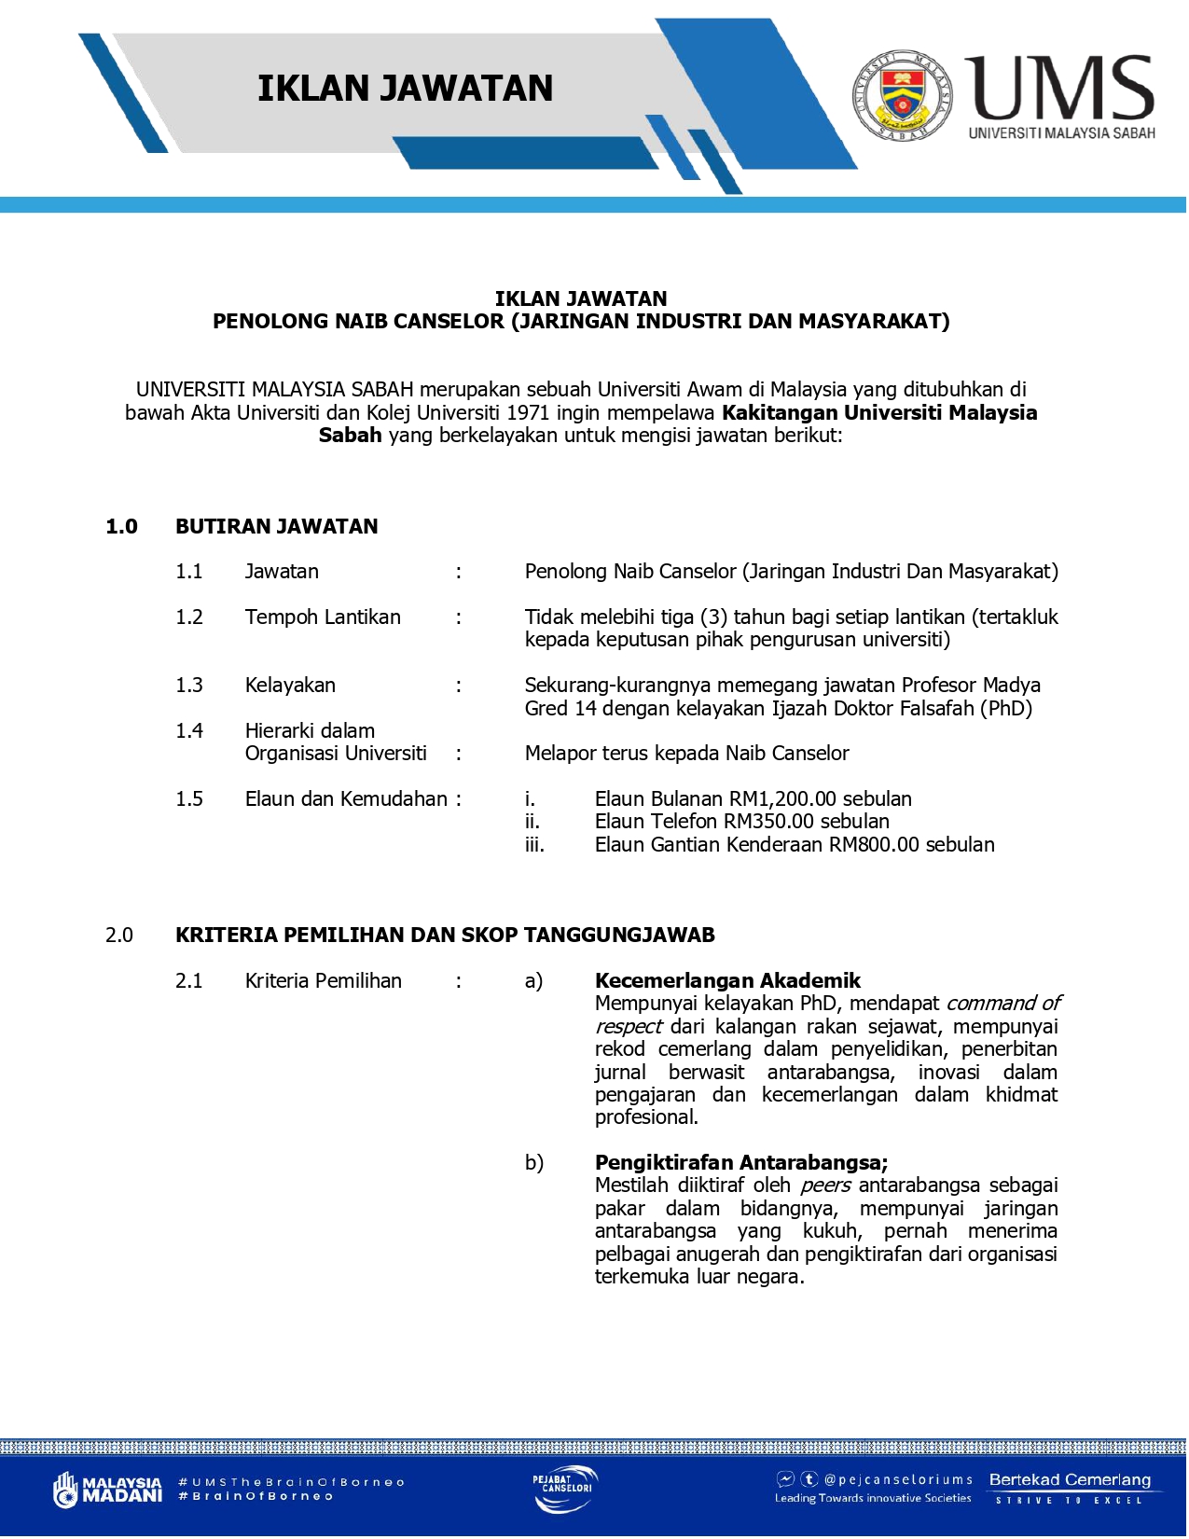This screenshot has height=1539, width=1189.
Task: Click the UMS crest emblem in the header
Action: (902, 95)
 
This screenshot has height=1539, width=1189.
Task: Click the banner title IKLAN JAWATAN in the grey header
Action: (405, 89)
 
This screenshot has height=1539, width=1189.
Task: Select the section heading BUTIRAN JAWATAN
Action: (277, 526)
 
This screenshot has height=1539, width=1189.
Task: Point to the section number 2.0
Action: (119, 935)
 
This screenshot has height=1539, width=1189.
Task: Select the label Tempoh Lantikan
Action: (323, 617)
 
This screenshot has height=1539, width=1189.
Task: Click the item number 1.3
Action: (189, 685)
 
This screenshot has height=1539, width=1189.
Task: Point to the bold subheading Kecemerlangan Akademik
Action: (727, 980)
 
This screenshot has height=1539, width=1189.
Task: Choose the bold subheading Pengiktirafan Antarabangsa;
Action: (741, 1162)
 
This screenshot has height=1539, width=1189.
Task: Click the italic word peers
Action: (825, 1185)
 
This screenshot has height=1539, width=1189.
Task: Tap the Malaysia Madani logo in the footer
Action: (107, 1489)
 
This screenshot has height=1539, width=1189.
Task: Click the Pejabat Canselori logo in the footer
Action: (565, 1489)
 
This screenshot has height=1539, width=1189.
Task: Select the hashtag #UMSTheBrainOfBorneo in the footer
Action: (291, 1481)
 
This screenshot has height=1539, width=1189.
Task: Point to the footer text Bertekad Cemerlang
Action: (1070, 1479)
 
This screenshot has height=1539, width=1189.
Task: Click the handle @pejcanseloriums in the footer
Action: (897, 1479)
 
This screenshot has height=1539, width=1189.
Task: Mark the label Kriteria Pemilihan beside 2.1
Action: (324, 980)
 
